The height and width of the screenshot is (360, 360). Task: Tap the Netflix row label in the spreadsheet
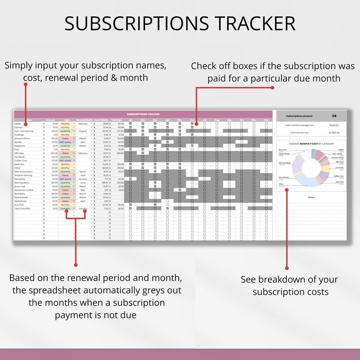click(18, 123)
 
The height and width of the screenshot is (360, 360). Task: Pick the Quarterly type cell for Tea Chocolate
click(65, 209)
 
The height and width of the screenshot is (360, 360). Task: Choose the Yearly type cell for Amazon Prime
click(65, 138)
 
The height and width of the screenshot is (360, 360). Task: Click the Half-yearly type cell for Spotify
click(65, 142)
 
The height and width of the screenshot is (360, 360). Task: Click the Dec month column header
click(266, 120)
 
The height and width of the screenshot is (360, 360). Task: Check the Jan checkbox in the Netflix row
click(131, 123)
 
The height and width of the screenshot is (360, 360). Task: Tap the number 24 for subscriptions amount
click(334, 116)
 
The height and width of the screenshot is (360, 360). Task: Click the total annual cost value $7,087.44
click(334, 133)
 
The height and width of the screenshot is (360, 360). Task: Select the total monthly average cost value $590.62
click(334, 125)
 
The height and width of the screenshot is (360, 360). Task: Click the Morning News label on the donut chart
click(285, 163)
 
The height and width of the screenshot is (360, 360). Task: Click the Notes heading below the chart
click(311, 197)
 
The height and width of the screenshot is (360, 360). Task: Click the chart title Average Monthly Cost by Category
click(311, 144)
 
